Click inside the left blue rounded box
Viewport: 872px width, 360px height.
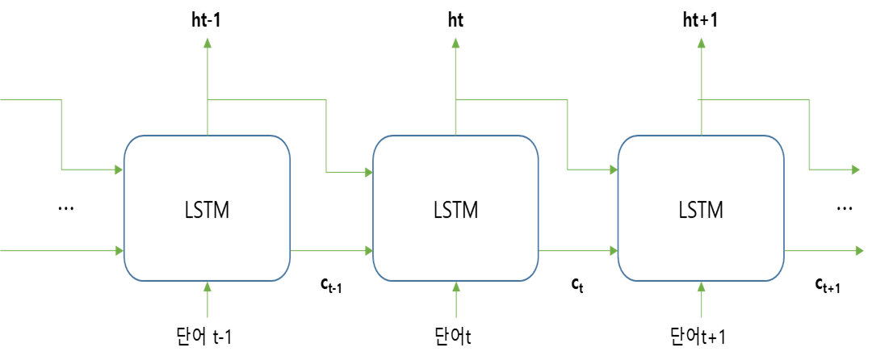(207, 208)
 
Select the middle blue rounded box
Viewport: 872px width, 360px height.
(455, 208)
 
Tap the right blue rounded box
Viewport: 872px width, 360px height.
(701, 208)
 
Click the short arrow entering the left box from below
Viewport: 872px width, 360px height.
(208, 300)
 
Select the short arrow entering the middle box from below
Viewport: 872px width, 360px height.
(456, 300)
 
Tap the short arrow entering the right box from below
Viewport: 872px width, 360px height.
(701, 300)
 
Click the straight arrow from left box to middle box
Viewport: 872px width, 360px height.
(331, 251)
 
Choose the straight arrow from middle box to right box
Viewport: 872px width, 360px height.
(578, 251)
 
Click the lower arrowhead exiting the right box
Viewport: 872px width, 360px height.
(859, 251)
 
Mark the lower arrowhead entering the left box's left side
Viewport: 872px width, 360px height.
(118, 251)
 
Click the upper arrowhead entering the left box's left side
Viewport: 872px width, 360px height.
(118, 170)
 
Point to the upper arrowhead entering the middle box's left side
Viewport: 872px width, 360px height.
(367, 172)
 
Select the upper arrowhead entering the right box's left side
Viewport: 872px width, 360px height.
(613, 170)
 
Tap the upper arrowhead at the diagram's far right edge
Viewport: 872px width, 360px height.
(856, 170)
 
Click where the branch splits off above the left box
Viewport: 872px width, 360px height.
(208, 100)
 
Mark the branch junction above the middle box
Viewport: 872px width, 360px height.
(456, 100)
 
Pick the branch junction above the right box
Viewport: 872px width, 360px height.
(701, 100)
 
